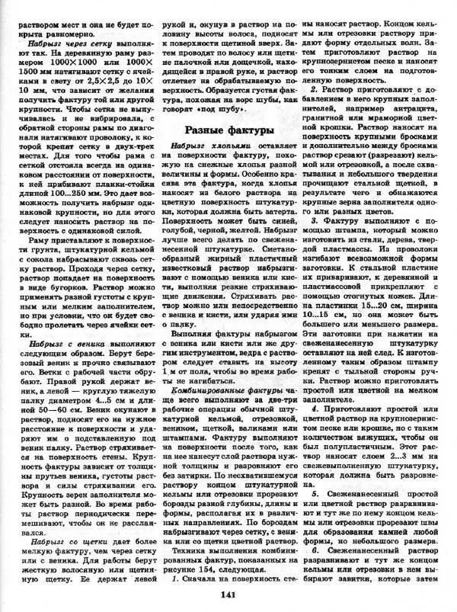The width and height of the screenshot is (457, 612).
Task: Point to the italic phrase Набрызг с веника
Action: point(54,344)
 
